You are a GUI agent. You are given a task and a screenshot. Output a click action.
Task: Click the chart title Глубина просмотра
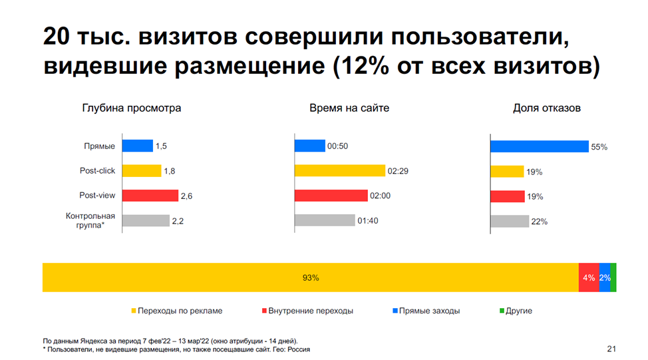tap(131, 108)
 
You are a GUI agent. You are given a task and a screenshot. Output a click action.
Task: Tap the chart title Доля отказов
tap(547, 108)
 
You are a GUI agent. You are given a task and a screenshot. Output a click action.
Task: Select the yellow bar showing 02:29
tap(339, 171)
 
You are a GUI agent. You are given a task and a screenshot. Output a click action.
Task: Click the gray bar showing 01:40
tap(325, 220)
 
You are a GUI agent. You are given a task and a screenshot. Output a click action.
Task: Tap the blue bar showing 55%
tap(539, 146)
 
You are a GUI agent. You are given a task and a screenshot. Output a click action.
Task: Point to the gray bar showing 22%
tap(510, 221)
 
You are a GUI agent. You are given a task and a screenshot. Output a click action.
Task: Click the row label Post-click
tap(97, 171)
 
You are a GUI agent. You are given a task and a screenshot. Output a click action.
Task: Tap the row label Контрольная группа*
tap(90, 220)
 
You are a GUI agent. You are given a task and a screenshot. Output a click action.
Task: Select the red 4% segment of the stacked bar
tap(589, 277)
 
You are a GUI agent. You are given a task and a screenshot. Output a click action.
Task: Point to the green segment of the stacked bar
tap(613, 277)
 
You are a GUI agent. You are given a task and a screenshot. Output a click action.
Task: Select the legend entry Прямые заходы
tap(430, 311)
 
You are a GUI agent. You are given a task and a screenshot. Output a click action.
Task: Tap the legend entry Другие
tap(518, 311)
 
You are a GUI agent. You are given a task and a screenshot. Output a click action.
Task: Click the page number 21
tap(611, 349)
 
